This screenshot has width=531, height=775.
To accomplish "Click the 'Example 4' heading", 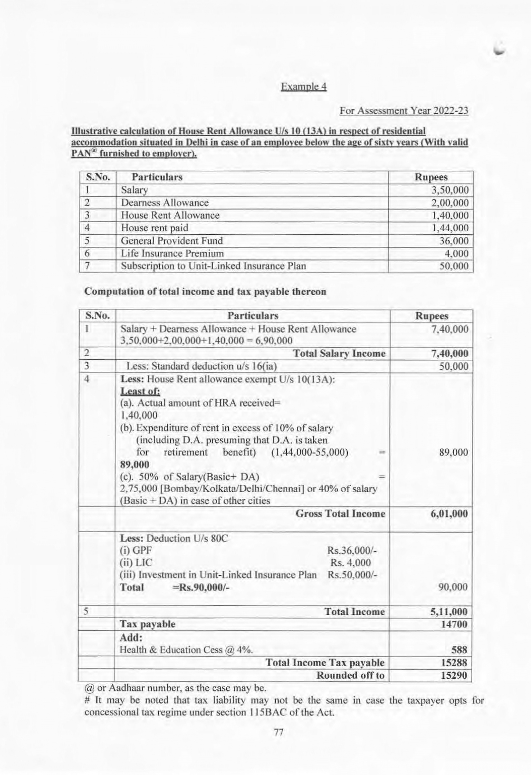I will [x=303, y=86].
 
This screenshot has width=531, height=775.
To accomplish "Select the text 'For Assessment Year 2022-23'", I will [x=404, y=111].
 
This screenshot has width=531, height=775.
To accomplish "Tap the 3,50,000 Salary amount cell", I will [x=450, y=190].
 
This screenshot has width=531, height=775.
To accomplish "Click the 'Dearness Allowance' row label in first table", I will [x=165, y=203].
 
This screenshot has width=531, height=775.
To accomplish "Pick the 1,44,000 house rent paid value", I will [x=450, y=228].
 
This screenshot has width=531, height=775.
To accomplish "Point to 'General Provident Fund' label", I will [x=172, y=241].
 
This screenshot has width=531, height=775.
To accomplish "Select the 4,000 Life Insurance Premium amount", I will [x=456, y=253].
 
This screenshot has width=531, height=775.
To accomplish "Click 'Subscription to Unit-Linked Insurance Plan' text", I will [x=213, y=266].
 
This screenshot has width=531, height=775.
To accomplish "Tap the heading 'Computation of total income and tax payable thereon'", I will [x=205, y=291].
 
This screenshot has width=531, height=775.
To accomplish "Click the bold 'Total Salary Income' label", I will [x=339, y=354].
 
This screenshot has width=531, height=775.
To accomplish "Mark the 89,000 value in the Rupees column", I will [x=453, y=452].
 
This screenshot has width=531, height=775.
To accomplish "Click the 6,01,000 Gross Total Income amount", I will [x=449, y=514].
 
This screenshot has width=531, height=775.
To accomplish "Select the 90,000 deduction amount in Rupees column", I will [x=453, y=587].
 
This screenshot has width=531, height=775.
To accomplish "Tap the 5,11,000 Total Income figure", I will [x=449, y=612].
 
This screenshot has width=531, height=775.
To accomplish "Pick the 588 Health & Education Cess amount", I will [x=459, y=650].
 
